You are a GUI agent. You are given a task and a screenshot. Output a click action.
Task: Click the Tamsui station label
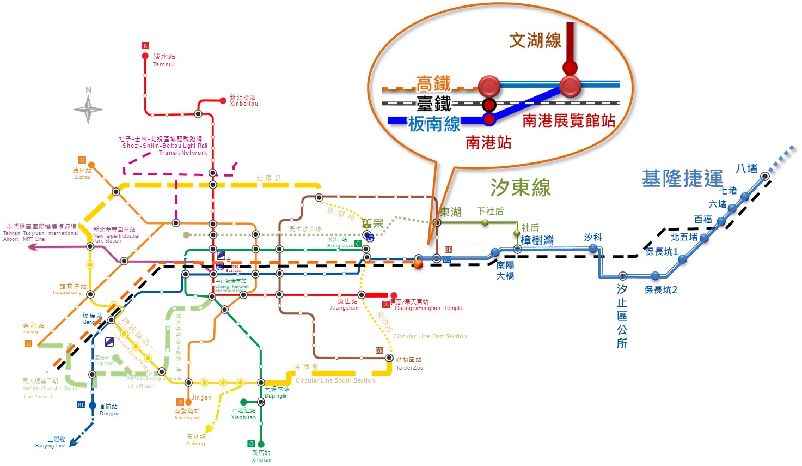click(x=164, y=60)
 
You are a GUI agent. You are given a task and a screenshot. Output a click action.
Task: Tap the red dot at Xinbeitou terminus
click(x=223, y=100)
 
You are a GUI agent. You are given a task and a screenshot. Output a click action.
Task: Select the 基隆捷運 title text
click(x=682, y=178)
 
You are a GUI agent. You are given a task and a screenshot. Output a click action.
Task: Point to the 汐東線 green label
click(x=521, y=187)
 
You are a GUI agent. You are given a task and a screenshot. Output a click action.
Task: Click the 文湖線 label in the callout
click(x=535, y=40)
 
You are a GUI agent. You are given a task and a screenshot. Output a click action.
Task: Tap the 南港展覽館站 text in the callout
click(x=568, y=120)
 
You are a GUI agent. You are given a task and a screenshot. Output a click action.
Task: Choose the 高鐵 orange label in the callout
click(x=433, y=83)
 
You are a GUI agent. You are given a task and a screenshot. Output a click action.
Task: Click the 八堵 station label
click(x=746, y=168)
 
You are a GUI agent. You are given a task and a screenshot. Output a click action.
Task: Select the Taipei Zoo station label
click(x=409, y=364)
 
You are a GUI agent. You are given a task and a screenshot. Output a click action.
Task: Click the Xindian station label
click(x=261, y=456)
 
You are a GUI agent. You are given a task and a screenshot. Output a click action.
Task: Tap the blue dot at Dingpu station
click(x=93, y=406)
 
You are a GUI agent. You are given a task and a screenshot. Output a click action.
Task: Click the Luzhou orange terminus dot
click(x=91, y=165)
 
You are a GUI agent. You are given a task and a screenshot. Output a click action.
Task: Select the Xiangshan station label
click(x=345, y=304)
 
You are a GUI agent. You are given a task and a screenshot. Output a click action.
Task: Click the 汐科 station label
click(x=592, y=237)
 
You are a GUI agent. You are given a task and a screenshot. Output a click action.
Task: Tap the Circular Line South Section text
click(x=335, y=380)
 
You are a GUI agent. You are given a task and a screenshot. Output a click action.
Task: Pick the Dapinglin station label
click(x=277, y=392)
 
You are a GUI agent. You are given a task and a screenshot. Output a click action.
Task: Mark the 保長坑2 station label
click(x=660, y=289)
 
